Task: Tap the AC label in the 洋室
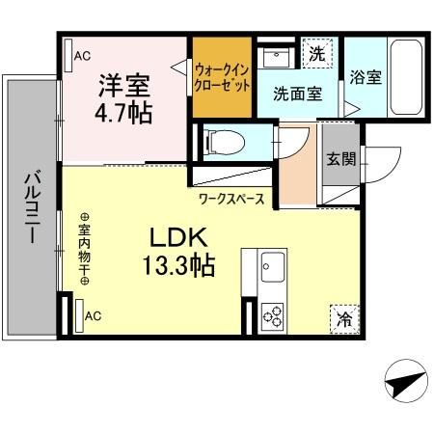(x=83, y=56)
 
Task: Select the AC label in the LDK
(x=93, y=315)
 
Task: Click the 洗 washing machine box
(x=315, y=55)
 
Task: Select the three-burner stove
(x=271, y=315)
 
